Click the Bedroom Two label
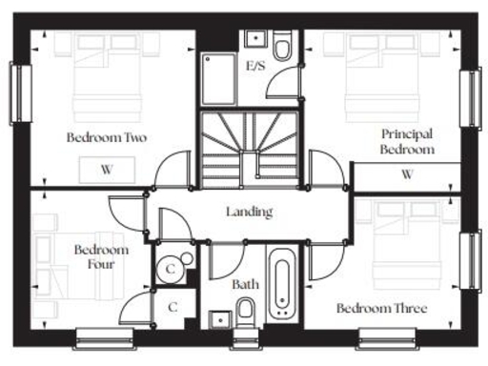(x=107, y=138)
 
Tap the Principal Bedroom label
(x=407, y=142)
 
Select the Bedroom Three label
(x=381, y=309)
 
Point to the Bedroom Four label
(x=95, y=257)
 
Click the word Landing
(x=250, y=212)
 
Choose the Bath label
(x=245, y=284)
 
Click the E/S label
(x=255, y=67)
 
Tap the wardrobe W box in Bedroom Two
(x=107, y=170)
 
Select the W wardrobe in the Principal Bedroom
(x=407, y=174)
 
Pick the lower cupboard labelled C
(x=173, y=308)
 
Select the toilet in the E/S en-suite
(x=282, y=49)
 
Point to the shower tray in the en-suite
(x=221, y=76)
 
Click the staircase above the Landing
(x=249, y=147)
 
